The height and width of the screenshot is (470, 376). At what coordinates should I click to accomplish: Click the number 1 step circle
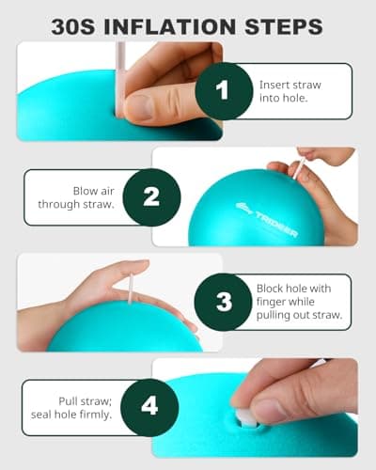pyautogui.click(x=223, y=91)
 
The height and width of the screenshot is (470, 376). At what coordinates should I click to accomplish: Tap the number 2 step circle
pyautogui.click(x=152, y=196)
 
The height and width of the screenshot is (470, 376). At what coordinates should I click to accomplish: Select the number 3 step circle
pyautogui.click(x=223, y=302)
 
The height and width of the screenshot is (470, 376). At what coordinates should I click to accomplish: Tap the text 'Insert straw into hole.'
pyautogui.click(x=291, y=91)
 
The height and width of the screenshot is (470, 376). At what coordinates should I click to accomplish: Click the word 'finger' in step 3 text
pyautogui.click(x=275, y=302)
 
